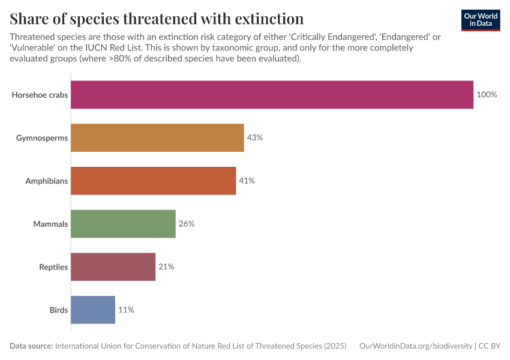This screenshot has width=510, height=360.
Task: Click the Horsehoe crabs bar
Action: point(272,95)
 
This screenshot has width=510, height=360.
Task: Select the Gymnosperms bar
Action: point(157,137)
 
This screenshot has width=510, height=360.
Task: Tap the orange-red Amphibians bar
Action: point(153,181)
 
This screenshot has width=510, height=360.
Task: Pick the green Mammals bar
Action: point(123,224)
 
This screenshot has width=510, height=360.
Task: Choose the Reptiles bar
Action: point(113,267)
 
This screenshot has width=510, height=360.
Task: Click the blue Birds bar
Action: point(92,310)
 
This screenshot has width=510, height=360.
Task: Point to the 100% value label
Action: point(487,95)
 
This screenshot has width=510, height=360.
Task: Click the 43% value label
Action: point(255,137)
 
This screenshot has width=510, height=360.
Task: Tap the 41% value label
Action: point(247,181)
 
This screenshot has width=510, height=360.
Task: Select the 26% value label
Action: point(187,224)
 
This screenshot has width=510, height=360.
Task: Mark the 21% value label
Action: point(166,267)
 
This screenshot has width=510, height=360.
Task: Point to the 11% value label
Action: point(126,310)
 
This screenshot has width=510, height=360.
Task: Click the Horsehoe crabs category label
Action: point(40,95)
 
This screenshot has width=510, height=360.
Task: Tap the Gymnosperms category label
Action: point(42,137)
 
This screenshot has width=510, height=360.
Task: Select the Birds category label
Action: point(58,310)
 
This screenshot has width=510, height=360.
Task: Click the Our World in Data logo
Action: point(480,20)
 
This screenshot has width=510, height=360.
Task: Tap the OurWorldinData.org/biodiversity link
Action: point(415,346)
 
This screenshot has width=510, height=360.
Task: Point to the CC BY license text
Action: point(489,346)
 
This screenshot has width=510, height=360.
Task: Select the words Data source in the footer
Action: point(31,346)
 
